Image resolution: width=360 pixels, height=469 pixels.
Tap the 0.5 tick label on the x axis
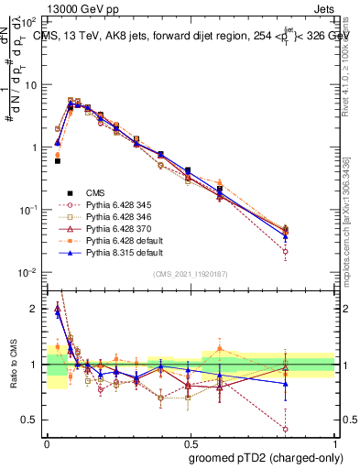pyautogui.click(x=191, y=441)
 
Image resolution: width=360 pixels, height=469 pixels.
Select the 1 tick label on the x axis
pyautogui.click(x=336, y=441)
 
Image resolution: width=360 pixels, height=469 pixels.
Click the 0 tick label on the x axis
pyautogui.click(x=47, y=441)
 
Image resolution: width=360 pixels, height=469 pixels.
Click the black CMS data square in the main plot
pyautogui.click(x=58, y=160)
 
